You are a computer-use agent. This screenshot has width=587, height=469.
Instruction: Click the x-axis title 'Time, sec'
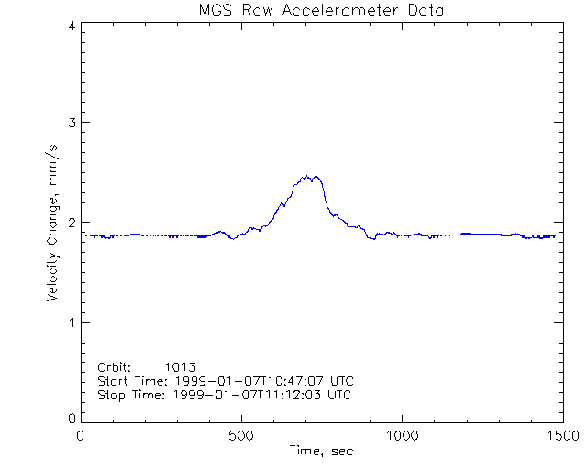[x=321, y=451]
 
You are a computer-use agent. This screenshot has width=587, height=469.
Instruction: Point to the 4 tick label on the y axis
[x=71, y=27]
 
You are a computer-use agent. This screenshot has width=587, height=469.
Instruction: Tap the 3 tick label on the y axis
[x=71, y=123]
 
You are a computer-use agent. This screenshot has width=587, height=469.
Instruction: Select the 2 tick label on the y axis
[x=71, y=223]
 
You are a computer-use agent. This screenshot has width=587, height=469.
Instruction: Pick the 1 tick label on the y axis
[x=71, y=322]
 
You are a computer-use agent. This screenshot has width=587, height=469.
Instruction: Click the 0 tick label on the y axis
[x=71, y=418]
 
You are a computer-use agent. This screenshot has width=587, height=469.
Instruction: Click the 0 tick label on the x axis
[x=82, y=436]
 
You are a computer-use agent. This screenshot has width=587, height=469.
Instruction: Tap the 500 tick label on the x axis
[x=241, y=436]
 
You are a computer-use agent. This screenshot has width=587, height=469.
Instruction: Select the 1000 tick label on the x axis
[x=402, y=436]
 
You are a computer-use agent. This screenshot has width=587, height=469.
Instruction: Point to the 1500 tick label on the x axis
[x=561, y=436]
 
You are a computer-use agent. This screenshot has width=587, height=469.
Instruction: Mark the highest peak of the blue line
[x=316, y=176]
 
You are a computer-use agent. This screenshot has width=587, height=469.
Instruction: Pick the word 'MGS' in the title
[x=214, y=11]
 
